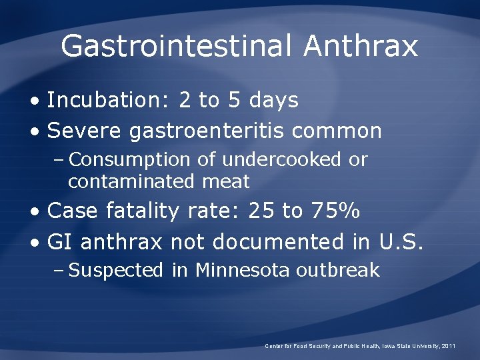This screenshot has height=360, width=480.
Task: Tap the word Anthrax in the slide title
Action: (x=361, y=47)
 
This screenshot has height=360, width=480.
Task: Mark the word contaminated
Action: (x=129, y=181)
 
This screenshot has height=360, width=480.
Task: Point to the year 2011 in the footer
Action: (x=447, y=346)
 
